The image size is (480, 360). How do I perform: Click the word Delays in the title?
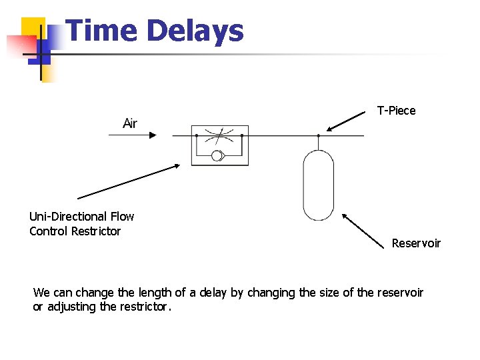tap(195, 31)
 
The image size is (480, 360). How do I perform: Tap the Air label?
tap(130, 123)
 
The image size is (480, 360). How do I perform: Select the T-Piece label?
tap(396, 111)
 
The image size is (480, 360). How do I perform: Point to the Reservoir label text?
tap(416, 243)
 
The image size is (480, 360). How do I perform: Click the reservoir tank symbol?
tap(318, 185)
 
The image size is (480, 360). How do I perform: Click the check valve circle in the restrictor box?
tap(217, 157)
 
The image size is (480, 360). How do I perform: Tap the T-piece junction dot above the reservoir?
tap(318, 135)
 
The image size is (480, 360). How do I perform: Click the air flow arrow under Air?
tap(133, 135)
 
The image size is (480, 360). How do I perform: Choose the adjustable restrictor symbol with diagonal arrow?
tap(219, 137)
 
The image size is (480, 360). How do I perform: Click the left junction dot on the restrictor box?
tap(197, 135)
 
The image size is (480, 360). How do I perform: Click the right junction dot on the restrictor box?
tap(242, 135)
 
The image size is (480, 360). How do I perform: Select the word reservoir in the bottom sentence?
tap(400, 293)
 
